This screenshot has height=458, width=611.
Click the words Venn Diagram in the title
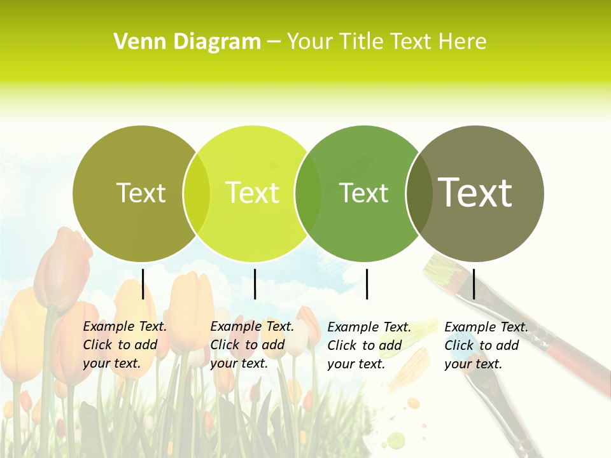pyautogui.click(x=187, y=42)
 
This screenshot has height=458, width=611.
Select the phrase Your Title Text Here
pyautogui.click(x=386, y=42)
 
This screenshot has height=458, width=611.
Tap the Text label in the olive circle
pyautogui.click(x=141, y=193)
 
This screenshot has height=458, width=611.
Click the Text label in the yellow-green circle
pyautogui.click(x=253, y=193)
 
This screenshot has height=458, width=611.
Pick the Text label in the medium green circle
pyautogui.click(x=364, y=193)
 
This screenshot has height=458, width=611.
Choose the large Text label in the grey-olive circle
pyautogui.click(x=475, y=192)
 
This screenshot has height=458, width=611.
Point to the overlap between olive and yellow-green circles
pyautogui.click(x=197, y=193)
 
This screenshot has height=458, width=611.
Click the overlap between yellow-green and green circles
pyautogui.click(x=308, y=193)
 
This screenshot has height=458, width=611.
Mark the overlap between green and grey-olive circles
pyautogui.click(x=419, y=193)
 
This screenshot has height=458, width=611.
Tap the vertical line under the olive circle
pyautogui.click(x=143, y=284)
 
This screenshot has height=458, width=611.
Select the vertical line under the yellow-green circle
pyautogui.click(x=255, y=284)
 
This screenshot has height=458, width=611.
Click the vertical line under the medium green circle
pyautogui.click(x=367, y=284)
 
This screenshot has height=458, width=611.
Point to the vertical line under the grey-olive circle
pyautogui.click(x=474, y=284)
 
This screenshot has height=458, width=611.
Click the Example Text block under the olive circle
pyautogui.click(x=125, y=345)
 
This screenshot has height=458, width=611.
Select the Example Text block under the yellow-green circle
pyautogui.click(x=252, y=345)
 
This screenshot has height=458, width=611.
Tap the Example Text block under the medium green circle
pyautogui.click(x=369, y=345)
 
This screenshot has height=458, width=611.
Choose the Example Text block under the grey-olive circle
pyautogui.click(x=486, y=345)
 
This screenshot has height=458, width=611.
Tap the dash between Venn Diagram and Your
pyautogui.click(x=274, y=43)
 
